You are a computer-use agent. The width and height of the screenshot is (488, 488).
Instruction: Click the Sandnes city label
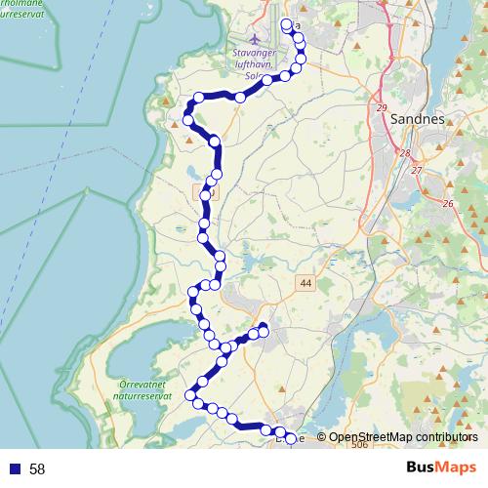(x=417, y=118)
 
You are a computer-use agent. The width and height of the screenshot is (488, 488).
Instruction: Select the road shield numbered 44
(x=306, y=283)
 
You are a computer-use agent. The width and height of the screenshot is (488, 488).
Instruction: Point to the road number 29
(x=381, y=107)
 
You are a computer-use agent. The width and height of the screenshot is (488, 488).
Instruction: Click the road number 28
(x=404, y=153)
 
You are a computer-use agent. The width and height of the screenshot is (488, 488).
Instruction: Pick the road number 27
(x=417, y=171)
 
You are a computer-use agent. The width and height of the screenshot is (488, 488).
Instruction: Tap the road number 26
(x=448, y=203)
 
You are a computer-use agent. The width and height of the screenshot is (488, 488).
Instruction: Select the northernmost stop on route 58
(x=286, y=25)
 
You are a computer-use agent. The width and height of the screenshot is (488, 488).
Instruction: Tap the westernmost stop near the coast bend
(x=185, y=118)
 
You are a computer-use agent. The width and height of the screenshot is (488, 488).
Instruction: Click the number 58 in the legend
(x=37, y=468)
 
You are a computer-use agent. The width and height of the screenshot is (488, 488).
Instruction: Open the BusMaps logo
(x=441, y=468)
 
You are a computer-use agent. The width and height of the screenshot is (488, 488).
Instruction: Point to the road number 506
(x=359, y=445)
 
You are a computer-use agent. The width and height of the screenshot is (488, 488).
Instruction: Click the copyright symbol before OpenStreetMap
(x=321, y=438)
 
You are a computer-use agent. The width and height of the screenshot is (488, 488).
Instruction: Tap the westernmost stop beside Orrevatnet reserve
(x=192, y=395)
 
